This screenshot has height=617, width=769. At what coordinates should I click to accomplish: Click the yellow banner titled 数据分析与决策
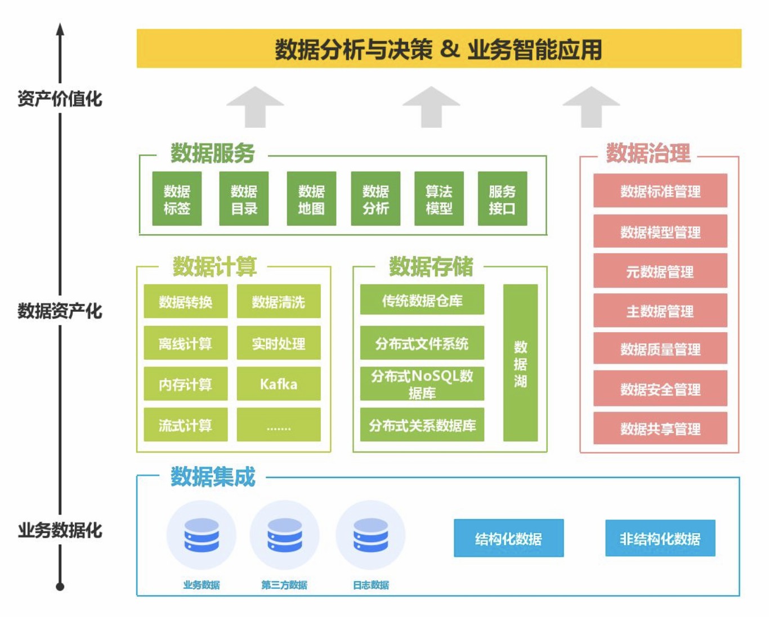click(x=439, y=49)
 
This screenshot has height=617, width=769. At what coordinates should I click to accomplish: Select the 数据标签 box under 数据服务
click(x=177, y=199)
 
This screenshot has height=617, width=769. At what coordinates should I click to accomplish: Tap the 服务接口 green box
click(x=502, y=199)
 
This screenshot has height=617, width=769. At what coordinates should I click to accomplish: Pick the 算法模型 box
click(x=439, y=199)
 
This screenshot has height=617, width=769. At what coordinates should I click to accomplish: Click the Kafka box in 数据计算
click(x=279, y=384)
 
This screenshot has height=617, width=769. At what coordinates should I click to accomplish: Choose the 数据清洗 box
click(x=279, y=302)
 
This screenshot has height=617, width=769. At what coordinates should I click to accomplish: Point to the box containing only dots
click(x=279, y=426)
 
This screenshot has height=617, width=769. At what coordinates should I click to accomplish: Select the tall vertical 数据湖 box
click(x=520, y=363)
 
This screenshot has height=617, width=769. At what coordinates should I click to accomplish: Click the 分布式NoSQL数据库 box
click(x=422, y=384)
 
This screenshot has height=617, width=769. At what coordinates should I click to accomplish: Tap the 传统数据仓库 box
click(x=422, y=300)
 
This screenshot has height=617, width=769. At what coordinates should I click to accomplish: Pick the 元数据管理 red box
click(x=660, y=271)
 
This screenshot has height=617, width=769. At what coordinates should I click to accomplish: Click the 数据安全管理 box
click(x=660, y=388)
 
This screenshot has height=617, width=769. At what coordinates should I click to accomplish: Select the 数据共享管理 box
click(x=660, y=428)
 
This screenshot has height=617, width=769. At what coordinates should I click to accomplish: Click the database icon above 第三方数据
click(x=284, y=535)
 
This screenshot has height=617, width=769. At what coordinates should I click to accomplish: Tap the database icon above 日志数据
click(x=370, y=535)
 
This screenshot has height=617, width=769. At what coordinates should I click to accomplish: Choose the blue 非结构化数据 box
click(x=660, y=539)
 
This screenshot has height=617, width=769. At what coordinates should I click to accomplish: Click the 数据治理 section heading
click(x=648, y=153)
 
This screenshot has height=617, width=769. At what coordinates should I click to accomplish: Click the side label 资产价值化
click(x=60, y=99)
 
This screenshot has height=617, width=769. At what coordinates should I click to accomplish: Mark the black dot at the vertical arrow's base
click(x=60, y=587)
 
